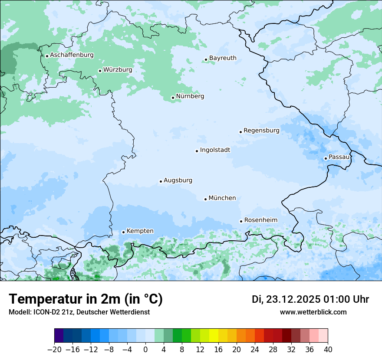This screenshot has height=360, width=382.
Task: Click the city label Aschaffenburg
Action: (72, 55)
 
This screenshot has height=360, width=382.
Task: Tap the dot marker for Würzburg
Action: (100, 71)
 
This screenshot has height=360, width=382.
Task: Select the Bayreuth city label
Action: (223, 58)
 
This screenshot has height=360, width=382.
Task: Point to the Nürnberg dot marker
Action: (173, 98)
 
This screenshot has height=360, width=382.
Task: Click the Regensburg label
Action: (261, 131)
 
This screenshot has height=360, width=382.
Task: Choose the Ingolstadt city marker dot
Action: (197, 151)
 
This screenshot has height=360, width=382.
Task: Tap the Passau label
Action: (339, 157)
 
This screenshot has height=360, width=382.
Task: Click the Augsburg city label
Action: (178, 180)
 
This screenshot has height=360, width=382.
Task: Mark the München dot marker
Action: (205, 199)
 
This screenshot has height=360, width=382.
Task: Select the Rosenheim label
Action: (260, 220)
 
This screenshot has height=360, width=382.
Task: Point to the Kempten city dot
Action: (123, 232)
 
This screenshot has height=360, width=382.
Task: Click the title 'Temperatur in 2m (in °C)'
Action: (86, 299)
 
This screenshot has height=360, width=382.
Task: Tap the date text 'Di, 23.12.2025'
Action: (286, 299)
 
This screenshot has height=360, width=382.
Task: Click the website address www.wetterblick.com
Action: (313, 312)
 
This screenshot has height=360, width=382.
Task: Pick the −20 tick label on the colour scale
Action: (55, 350)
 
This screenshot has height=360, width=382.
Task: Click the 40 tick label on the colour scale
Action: (328, 350)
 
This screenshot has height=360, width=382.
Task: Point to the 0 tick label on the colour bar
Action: (145, 350)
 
